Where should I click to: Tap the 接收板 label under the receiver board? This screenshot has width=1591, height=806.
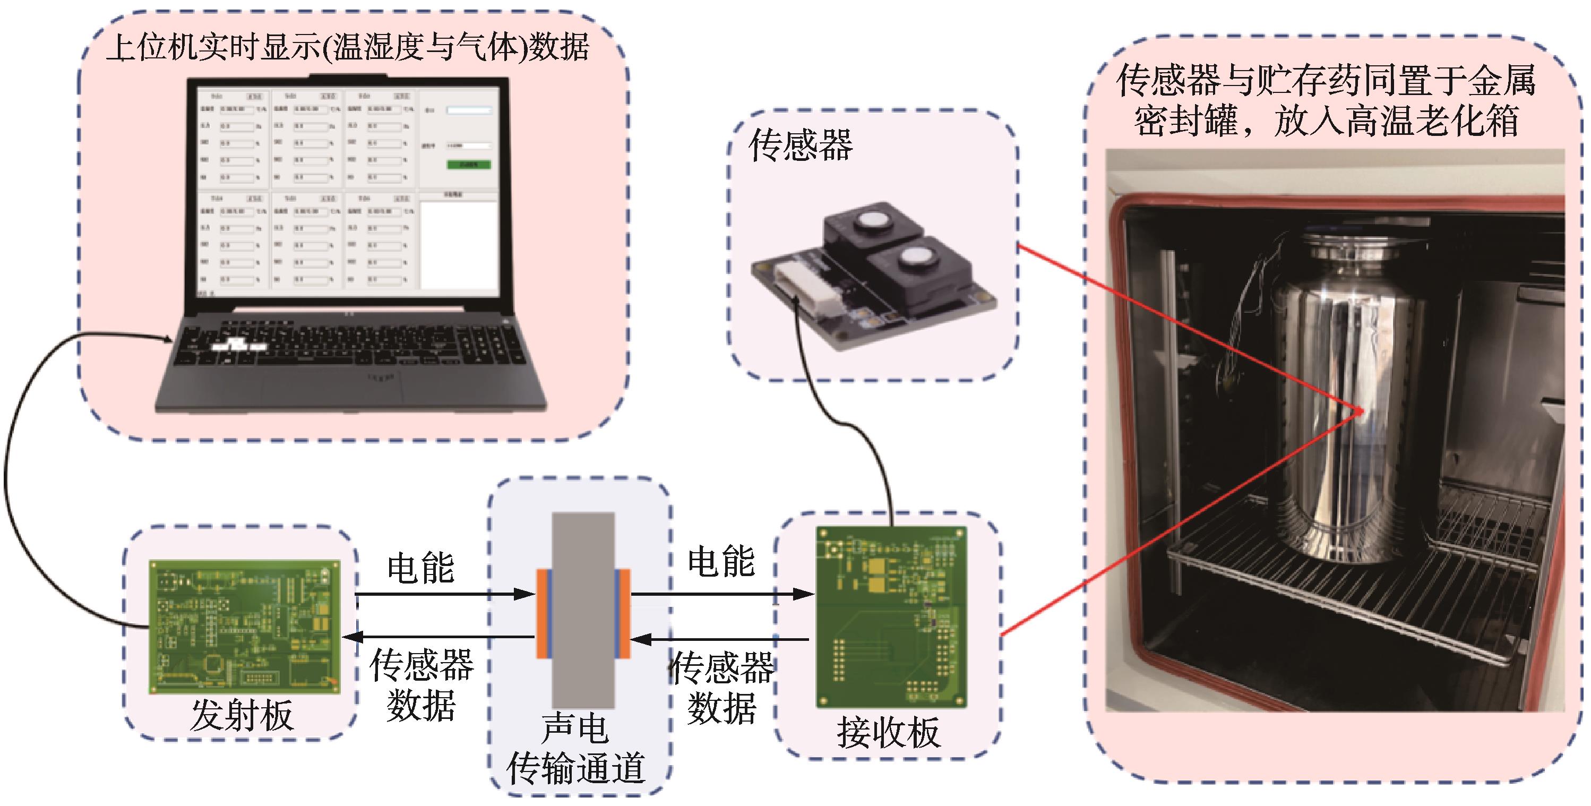tap(888, 733)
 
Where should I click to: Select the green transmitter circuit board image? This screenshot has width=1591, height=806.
tap(244, 627)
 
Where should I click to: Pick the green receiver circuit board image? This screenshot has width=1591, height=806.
tap(891, 616)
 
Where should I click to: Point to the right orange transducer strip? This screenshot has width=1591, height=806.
tap(625, 613)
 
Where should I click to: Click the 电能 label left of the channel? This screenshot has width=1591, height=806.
tap(420, 568)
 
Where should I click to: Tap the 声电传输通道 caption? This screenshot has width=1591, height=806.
tap(576, 749)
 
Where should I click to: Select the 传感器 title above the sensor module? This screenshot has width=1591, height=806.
tap(801, 146)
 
